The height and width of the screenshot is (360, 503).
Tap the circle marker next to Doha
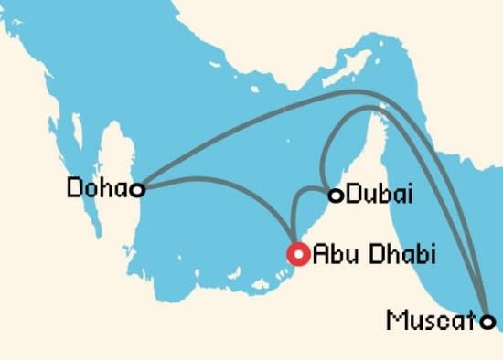pos(137,190)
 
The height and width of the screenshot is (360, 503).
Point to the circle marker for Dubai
pos(336,195)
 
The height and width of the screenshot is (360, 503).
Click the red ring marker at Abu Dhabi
pos(298,253)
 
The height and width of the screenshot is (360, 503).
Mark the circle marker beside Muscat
pos(488,322)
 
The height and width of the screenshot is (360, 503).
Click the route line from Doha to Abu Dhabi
pos(229,183)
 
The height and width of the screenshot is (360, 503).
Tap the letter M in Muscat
pos(396,322)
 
